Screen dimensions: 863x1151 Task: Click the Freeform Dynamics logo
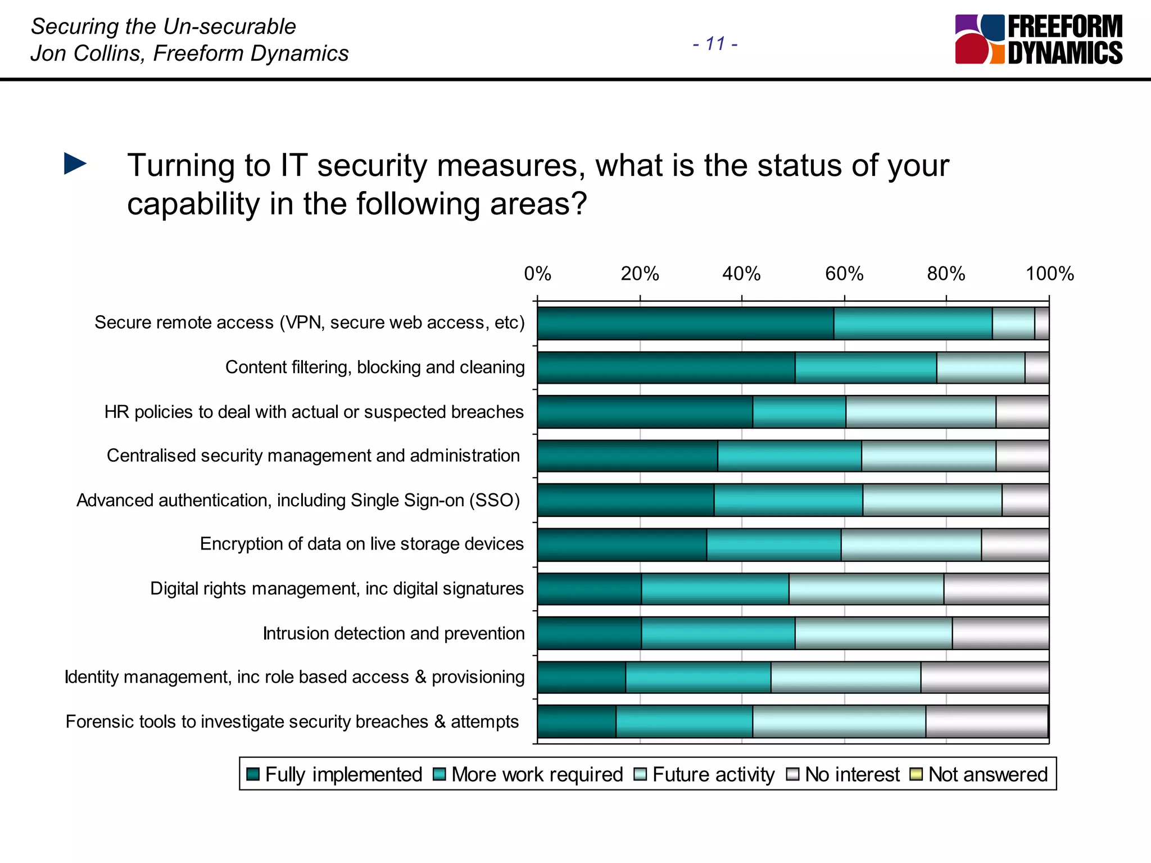(x=1038, y=39)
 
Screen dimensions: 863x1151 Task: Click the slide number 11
(x=715, y=43)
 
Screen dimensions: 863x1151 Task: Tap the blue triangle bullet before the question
(x=75, y=163)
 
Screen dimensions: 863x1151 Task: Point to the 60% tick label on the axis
(x=844, y=274)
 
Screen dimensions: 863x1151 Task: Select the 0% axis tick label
(x=537, y=274)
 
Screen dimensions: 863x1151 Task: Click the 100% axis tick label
(x=1049, y=274)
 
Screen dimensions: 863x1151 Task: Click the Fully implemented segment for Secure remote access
(x=685, y=323)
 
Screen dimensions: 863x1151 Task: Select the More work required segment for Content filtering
(x=865, y=367)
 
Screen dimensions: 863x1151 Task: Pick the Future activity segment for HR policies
(x=921, y=412)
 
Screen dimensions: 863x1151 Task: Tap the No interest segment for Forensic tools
(x=986, y=721)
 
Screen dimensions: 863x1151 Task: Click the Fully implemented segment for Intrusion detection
(x=589, y=633)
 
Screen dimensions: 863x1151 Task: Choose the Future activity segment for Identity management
(x=845, y=677)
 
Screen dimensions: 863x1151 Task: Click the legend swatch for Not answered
(x=916, y=774)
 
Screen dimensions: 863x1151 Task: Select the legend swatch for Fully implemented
(x=253, y=774)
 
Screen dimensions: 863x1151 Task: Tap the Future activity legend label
(x=713, y=774)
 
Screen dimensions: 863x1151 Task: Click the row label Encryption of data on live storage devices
(x=361, y=544)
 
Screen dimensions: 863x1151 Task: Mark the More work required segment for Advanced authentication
(x=788, y=500)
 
